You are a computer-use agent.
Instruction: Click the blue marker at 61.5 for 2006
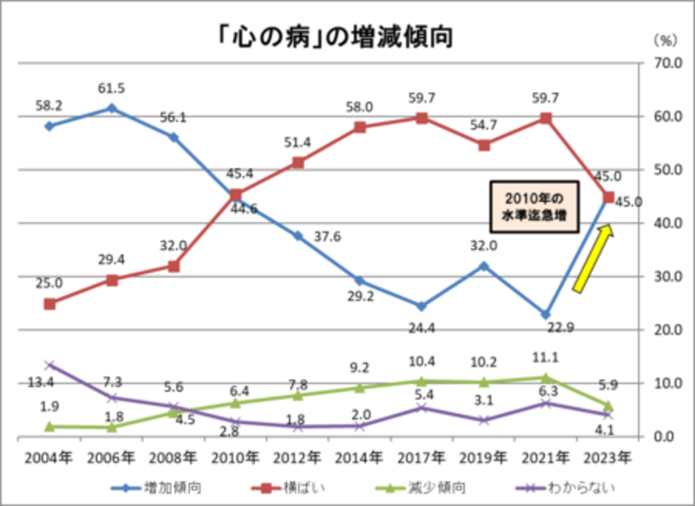112,108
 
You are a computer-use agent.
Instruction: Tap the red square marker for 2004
50,304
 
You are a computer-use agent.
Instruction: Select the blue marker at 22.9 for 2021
546,315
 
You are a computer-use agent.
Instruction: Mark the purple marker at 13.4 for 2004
50,365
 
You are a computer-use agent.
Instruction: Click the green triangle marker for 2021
546,377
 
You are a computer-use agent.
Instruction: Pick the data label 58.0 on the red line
360,107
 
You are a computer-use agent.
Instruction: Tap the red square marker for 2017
421,118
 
